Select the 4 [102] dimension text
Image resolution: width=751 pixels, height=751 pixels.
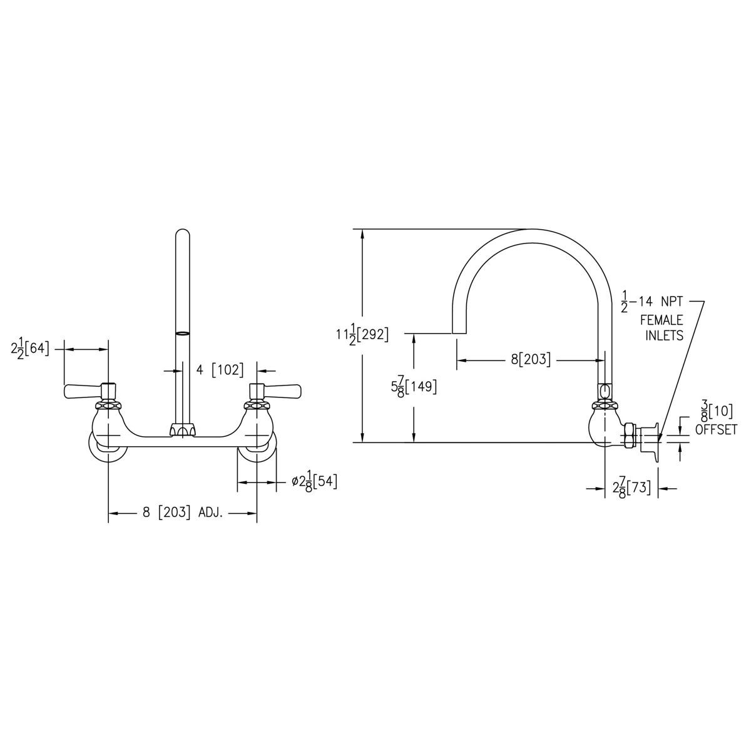[219, 370]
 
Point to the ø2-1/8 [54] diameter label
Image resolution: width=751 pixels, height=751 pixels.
[314, 482]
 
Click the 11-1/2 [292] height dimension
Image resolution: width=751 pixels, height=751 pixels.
[361, 335]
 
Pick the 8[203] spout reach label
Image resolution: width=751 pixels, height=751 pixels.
[531, 359]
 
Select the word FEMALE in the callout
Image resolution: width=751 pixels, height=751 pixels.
[661, 320]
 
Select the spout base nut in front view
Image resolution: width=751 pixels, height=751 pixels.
[182, 429]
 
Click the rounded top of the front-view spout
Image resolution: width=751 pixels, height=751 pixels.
[182, 235]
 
